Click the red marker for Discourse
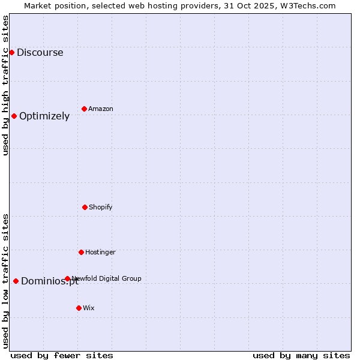pyautogui.click(x=11, y=52)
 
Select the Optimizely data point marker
pyautogui.click(x=14, y=116)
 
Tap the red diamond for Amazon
pyautogui.click(x=84, y=109)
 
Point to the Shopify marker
pyautogui.click(x=85, y=207)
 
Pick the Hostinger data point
pyautogui.click(x=81, y=252)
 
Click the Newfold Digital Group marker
pyautogui.click(x=67, y=278)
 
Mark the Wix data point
pyautogui.click(x=79, y=308)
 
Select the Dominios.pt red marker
pyautogui.click(x=16, y=281)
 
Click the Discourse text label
pyautogui.click(x=40, y=52)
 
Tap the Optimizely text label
pyautogui.click(x=44, y=116)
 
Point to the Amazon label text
pyautogui.click(x=101, y=109)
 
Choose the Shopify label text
pyautogui.click(x=101, y=207)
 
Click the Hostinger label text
pyautogui.click(x=100, y=252)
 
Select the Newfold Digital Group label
pyautogui.click(x=107, y=278)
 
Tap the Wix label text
pyautogui.click(x=89, y=308)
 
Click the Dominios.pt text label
pyautogui.click(x=50, y=281)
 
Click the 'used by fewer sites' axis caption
pyautogui.click(x=62, y=355)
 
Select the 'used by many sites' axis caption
pyautogui.click(x=301, y=355)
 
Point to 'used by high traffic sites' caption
pyautogui.click(x=5, y=85)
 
